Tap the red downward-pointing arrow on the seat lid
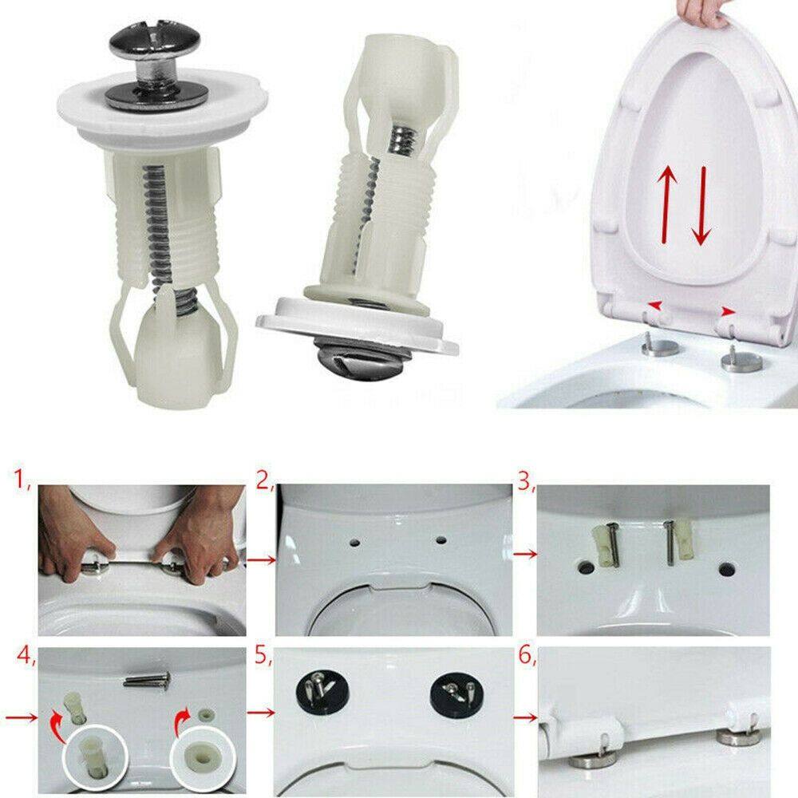pos(701,206)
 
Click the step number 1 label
pos(22,478)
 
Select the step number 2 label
pos(265,480)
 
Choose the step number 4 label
pos(26,654)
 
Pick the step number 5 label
pos(263,655)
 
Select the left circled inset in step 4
pos(95,757)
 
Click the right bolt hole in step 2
pos(441,539)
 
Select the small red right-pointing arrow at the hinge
pos(729,311)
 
